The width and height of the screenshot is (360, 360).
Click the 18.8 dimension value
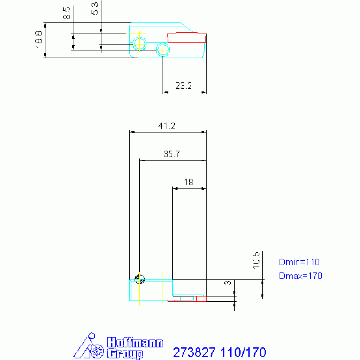tap(38, 39)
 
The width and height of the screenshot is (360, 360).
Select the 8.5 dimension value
tap(67, 13)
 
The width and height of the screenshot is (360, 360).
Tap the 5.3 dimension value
tap(95, 8)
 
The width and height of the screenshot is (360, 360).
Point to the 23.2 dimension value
tap(184, 86)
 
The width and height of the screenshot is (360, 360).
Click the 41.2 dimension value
tap(167, 126)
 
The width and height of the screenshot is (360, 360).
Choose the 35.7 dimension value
tap(171, 154)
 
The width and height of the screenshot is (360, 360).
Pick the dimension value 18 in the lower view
tap(189, 182)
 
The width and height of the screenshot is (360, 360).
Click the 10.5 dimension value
tap(256, 260)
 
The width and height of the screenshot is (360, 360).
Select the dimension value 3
tap(228, 283)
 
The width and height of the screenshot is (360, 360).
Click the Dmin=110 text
tap(299, 262)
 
